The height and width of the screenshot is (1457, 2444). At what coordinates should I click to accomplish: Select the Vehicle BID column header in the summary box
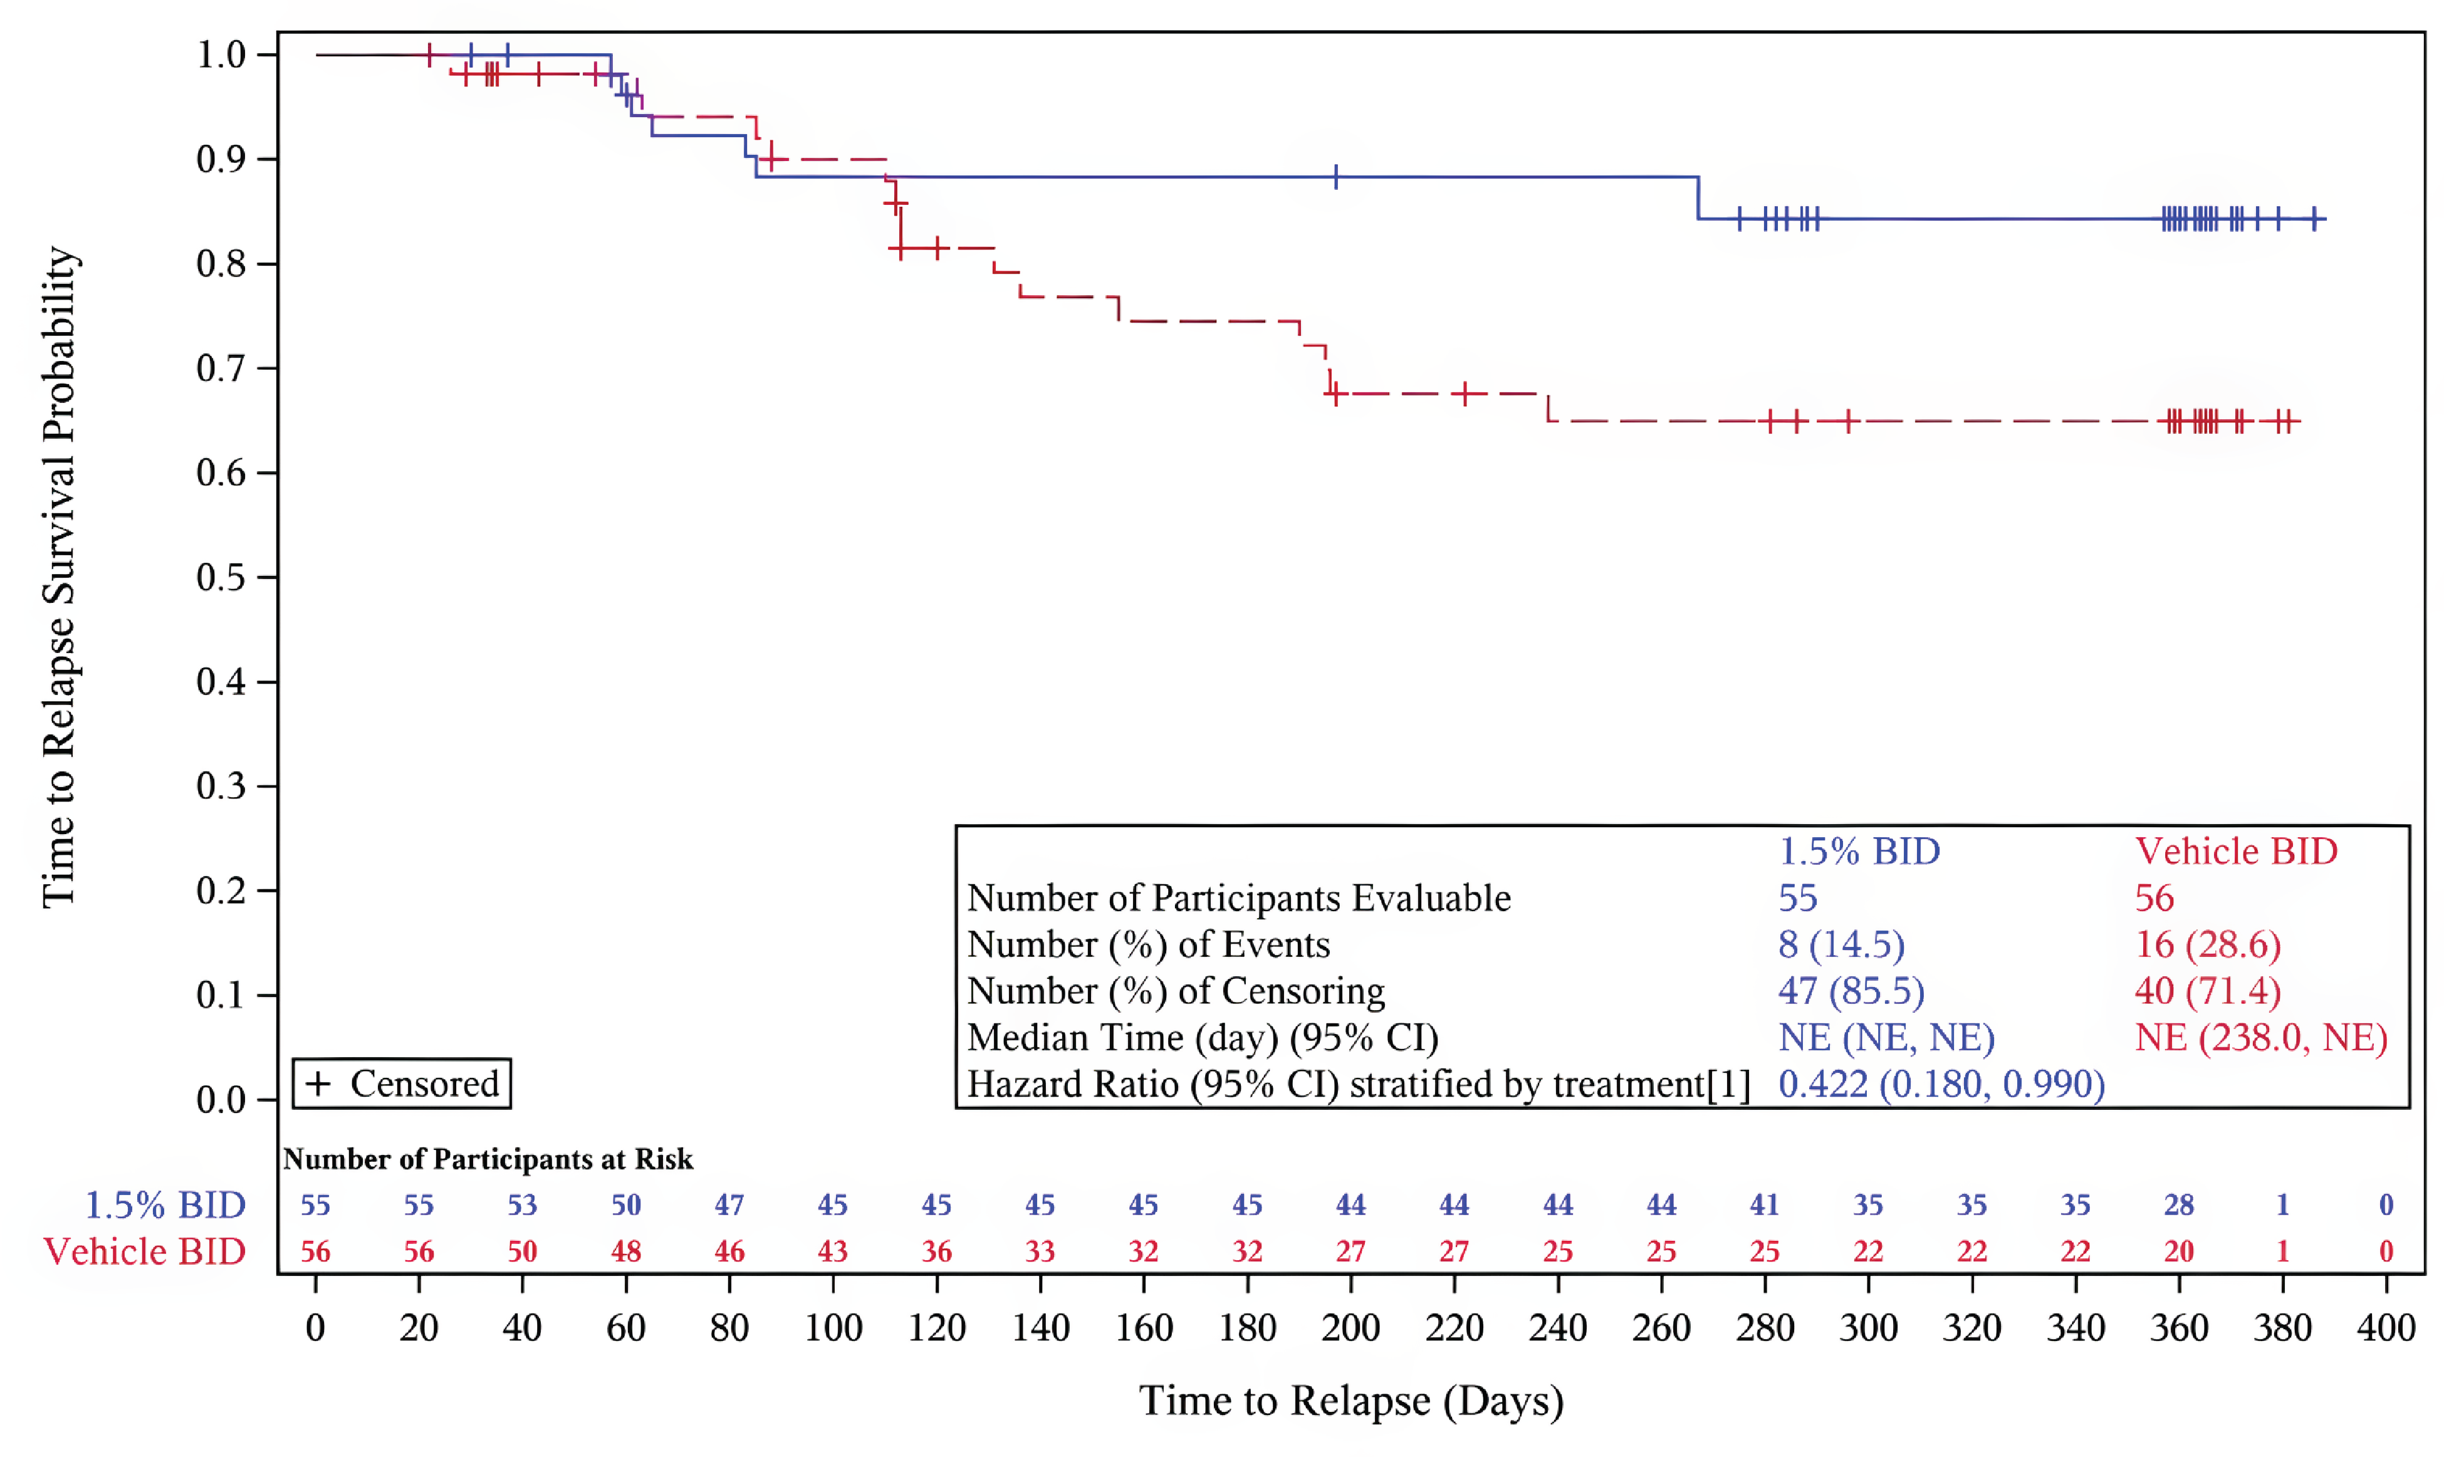tap(2236, 851)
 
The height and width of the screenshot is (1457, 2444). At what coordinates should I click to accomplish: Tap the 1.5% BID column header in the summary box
tap(1859, 851)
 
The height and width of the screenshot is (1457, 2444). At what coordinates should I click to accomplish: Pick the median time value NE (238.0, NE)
tap(2260, 1038)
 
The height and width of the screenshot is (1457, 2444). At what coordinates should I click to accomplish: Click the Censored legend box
tap(402, 1084)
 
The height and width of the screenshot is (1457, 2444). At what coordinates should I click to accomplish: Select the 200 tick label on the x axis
tap(1350, 1329)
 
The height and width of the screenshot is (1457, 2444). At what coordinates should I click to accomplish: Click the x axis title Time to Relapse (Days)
tap(1350, 1401)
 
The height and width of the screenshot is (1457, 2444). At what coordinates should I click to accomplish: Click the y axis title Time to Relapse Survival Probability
tap(59, 577)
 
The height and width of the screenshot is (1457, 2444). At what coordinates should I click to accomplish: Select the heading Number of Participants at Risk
tap(488, 1159)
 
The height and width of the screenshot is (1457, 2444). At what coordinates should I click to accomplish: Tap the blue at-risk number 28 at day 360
tap(2179, 1204)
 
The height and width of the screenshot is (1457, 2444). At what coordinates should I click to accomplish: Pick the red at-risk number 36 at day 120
tap(936, 1252)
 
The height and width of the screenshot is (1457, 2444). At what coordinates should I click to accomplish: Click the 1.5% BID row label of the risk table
tap(165, 1204)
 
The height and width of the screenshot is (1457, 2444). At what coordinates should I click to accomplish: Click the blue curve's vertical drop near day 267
tap(1698, 198)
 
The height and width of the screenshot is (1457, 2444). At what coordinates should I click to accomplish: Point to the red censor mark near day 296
tap(1847, 421)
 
